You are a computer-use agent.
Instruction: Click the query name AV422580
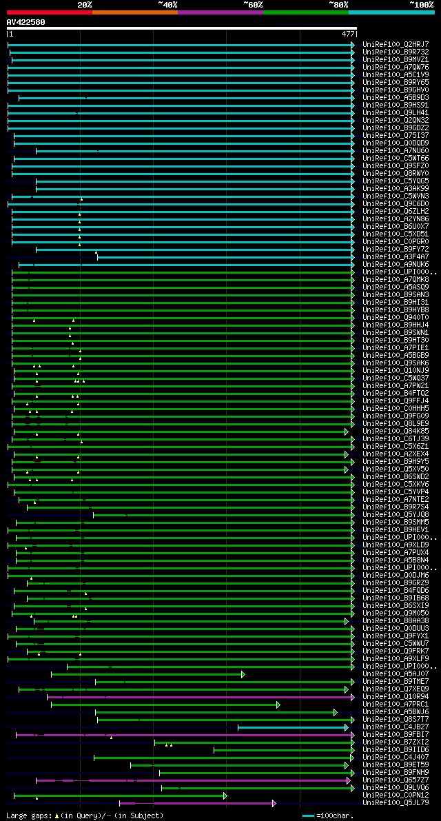26,22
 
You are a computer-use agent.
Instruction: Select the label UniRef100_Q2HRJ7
396,45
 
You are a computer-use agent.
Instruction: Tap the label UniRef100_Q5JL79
396,803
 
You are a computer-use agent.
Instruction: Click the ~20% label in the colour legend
84,5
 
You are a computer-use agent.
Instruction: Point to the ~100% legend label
422,5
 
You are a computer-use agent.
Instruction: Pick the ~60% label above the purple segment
253,5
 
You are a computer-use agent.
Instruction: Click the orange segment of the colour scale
134,12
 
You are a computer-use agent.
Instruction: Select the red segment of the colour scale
49,12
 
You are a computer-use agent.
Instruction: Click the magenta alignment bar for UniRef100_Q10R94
207,697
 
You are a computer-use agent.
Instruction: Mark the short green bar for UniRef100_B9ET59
241,765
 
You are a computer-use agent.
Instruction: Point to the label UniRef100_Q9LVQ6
396,788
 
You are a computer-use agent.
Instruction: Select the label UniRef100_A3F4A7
396,257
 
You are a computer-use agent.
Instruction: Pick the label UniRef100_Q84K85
396,432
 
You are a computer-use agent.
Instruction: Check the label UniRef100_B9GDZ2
396,128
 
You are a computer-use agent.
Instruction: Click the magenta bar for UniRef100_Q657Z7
193,780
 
